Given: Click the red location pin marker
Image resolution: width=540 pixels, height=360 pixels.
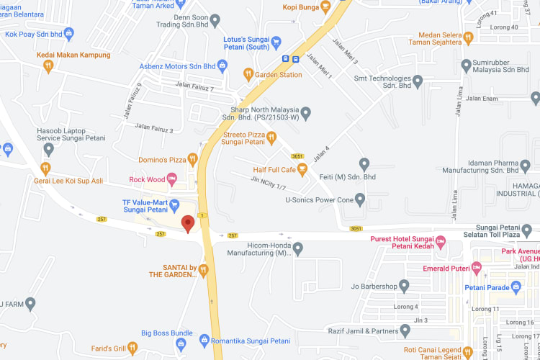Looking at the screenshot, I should tap(188, 223).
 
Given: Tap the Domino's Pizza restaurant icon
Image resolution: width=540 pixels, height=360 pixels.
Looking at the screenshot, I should tap(193, 159).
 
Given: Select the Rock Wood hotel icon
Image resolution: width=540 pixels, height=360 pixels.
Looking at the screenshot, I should tap(171, 179).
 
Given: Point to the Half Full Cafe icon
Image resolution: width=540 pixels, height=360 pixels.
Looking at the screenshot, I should tap(302, 170).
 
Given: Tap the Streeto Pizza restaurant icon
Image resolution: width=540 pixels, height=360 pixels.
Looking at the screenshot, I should tap(271, 137).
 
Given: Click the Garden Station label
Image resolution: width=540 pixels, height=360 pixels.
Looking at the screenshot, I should tap(278, 75).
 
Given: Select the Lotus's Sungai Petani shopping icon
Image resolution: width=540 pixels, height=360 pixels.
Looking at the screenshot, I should tap(276, 42).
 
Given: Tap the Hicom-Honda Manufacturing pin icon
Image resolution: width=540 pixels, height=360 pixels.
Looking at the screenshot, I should tap(297, 248).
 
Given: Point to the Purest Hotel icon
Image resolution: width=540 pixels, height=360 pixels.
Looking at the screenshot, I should tap(441, 239).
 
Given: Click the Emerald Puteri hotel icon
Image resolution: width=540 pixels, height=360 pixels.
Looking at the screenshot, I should tap(477, 269).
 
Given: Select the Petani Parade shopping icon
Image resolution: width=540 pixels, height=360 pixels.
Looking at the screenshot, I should tap(516, 287).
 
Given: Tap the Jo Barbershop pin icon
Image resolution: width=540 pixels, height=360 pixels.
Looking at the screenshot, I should tap(404, 287).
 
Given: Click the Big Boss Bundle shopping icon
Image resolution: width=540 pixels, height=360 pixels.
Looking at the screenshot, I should tap(204, 338).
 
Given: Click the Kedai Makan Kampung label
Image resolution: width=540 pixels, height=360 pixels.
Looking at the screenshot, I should tap(74, 55).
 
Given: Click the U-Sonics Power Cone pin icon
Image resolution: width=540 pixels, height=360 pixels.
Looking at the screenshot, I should tap(360, 199).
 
